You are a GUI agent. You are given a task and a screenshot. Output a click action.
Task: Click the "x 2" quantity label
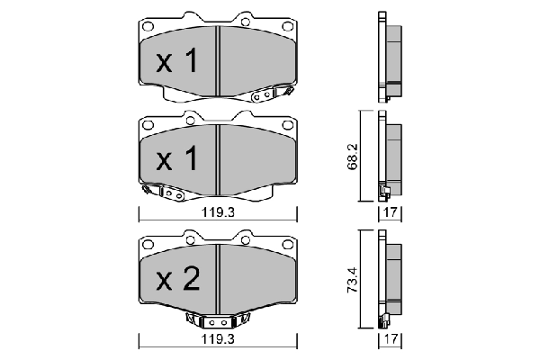coord(176,281)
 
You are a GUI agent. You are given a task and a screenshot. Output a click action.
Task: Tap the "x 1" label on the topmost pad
coord(176,62)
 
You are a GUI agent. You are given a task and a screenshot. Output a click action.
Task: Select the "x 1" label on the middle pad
coord(176,160)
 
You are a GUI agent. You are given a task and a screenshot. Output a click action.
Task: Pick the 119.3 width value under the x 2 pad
coord(218,343)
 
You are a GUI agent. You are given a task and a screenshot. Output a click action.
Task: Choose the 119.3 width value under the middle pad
coord(218,215)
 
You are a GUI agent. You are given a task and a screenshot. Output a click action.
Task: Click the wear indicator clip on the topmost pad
coord(270,93)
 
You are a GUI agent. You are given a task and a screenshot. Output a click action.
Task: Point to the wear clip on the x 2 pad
coord(217,321)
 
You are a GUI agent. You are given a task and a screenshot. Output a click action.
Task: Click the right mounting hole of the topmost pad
coord(287,26)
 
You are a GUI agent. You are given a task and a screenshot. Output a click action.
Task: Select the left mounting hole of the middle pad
coord(148,125)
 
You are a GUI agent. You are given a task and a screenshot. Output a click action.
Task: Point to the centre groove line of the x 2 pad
coord(219,279)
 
